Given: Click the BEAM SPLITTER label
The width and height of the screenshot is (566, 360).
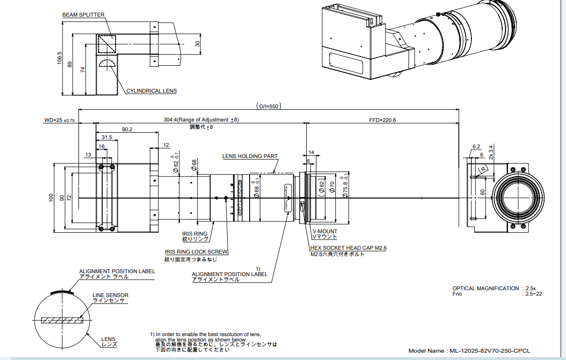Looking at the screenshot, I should tap(83, 15).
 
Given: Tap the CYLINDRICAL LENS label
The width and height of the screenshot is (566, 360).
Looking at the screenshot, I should tap(152, 91).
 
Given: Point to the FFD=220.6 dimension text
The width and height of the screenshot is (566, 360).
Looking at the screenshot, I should tap(382, 120).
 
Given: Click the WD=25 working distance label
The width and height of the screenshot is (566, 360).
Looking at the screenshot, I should tap(59, 120).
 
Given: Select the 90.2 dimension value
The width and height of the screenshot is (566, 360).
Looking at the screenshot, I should tap(127, 130).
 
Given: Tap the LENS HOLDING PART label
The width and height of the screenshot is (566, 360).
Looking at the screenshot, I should tap(250, 157).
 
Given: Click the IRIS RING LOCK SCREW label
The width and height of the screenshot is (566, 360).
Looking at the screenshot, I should tap(196, 252).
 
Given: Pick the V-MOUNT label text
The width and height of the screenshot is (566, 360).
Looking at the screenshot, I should tap(325, 231).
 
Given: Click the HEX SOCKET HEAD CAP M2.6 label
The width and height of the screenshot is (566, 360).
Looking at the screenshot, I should tap(349, 248).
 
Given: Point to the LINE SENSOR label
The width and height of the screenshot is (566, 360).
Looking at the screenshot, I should tap(111, 295).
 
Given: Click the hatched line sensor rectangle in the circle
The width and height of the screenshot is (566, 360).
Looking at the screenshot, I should tap(63, 320).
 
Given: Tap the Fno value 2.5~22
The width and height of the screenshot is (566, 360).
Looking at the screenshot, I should tap(532, 294).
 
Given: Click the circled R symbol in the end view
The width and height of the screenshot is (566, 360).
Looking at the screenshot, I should tap(483, 169).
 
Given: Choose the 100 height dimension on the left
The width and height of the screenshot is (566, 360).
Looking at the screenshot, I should tap(51, 198).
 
